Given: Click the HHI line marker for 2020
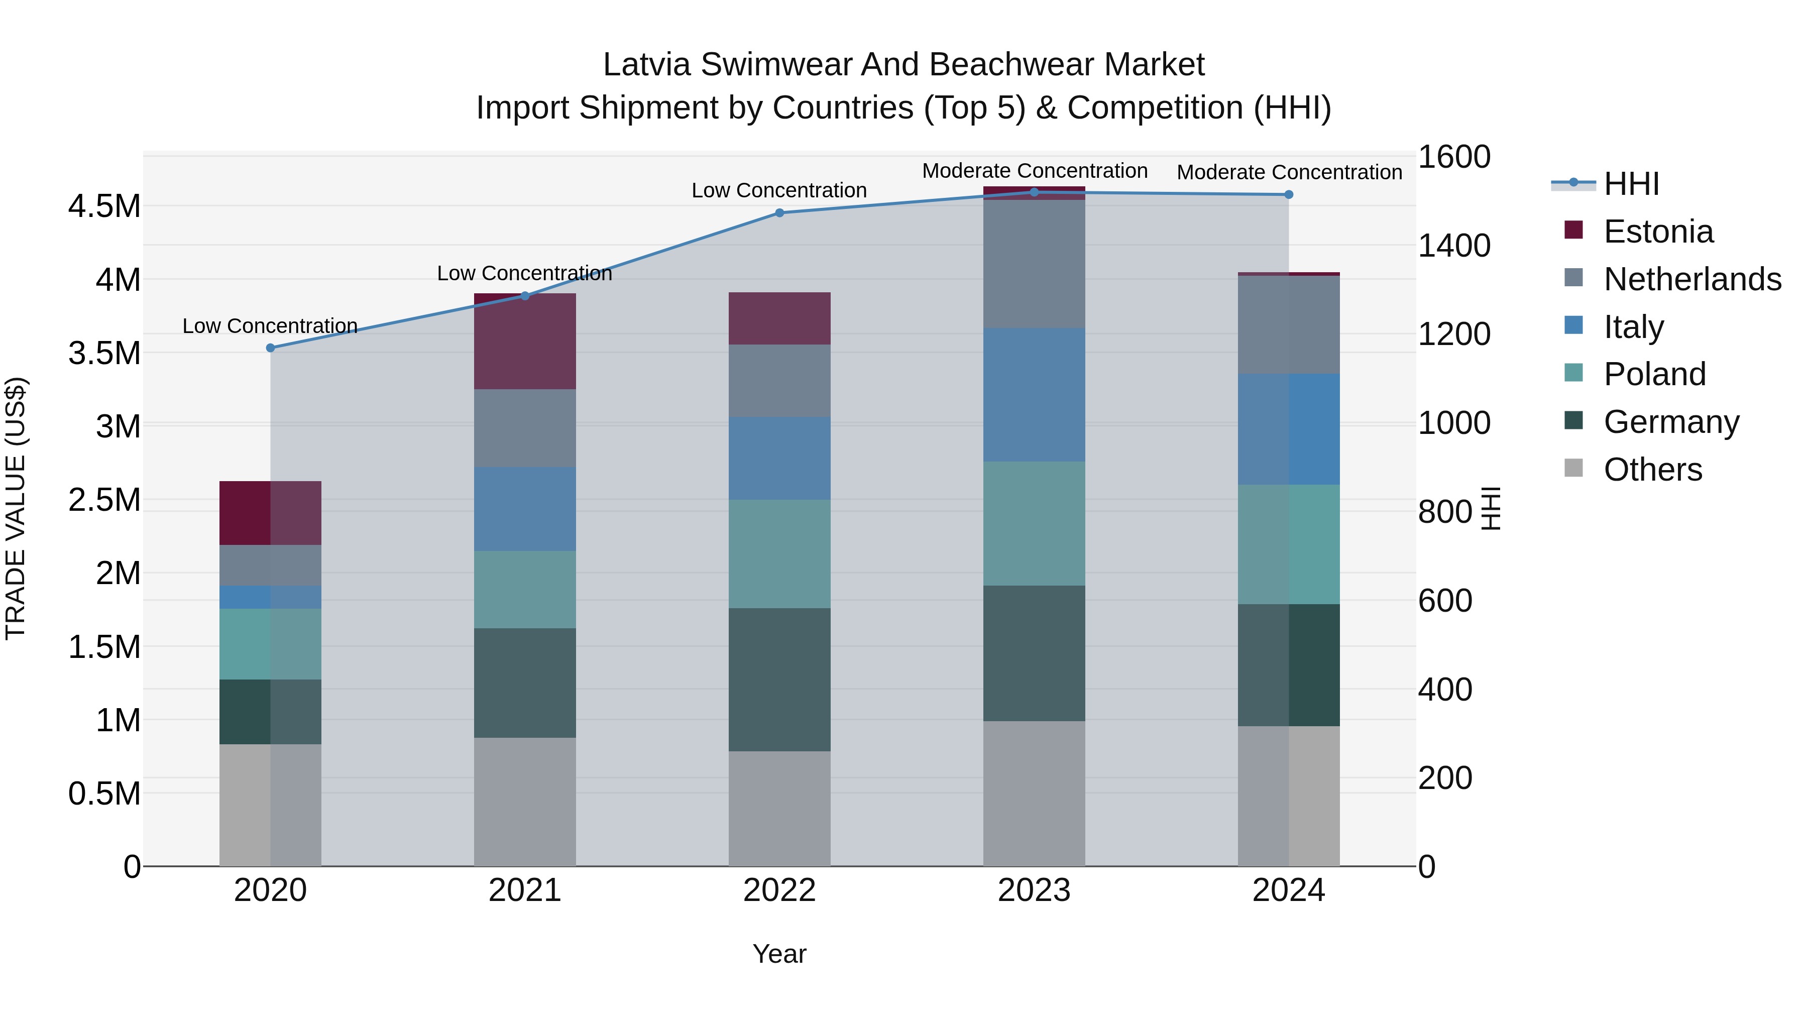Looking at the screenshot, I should tap(270, 348).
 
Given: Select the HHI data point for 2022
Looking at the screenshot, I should tap(779, 212).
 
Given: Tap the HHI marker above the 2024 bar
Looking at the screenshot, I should tap(1289, 194).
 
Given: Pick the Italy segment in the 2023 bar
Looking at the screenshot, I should tap(1034, 394).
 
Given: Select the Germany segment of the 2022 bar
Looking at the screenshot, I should tap(779, 680).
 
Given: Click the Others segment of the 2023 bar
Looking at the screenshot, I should tap(1034, 793).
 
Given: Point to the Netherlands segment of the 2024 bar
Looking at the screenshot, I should tap(1289, 324).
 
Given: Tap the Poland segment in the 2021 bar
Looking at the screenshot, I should tap(524, 589).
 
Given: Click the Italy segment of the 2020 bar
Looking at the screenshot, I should tap(270, 597).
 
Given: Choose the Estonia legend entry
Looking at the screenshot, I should tap(1658, 232).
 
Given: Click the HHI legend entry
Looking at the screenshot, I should tap(1631, 184).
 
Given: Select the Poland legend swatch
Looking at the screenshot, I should tap(1573, 373).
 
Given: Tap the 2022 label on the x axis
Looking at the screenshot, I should tap(779, 890).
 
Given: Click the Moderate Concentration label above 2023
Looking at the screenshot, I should tap(1034, 171).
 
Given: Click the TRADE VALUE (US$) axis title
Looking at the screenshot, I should tap(16, 508).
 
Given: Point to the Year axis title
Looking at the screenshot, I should tap(779, 954).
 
